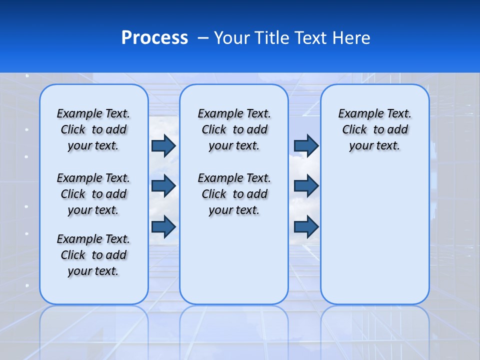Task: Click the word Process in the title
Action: click(154, 38)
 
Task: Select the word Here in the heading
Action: click(350, 38)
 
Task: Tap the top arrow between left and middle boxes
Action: click(163, 145)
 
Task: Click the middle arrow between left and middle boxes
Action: click(163, 186)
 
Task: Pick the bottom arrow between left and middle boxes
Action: click(163, 226)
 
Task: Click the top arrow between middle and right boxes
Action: click(306, 145)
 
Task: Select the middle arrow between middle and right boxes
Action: click(306, 186)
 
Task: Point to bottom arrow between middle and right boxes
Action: click(306, 226)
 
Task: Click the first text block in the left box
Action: click(93, 129)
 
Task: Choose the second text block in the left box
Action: click(93, 194)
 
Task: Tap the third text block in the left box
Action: click(93, 255)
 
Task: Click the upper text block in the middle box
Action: click(234, 129)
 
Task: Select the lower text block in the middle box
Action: click(234, 194)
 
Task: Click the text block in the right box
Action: click(374, 129)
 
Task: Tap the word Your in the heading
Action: click(232, 38)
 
